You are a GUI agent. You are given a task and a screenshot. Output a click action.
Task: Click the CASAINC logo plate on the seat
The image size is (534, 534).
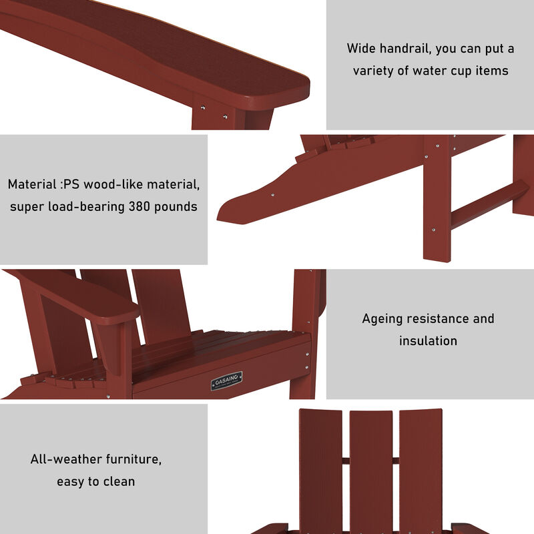[x=227, y=381]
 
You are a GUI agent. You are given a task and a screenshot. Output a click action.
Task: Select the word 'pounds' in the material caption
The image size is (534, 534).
[x=175, y=206]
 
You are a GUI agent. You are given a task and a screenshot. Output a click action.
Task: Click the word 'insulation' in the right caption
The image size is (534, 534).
[x=428, y=340]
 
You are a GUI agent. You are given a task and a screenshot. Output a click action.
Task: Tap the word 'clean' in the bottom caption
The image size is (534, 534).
[x=117, y=481]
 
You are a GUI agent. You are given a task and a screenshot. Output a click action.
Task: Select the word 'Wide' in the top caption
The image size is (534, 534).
[x=361, y=49]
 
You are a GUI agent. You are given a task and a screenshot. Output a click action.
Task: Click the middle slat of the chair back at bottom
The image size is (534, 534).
[x=371, y=467]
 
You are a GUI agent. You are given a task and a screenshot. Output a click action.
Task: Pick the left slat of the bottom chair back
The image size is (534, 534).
[x=320, y=467]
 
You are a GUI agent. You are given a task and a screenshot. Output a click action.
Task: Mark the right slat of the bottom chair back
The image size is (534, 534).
[x=421, y=467]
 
